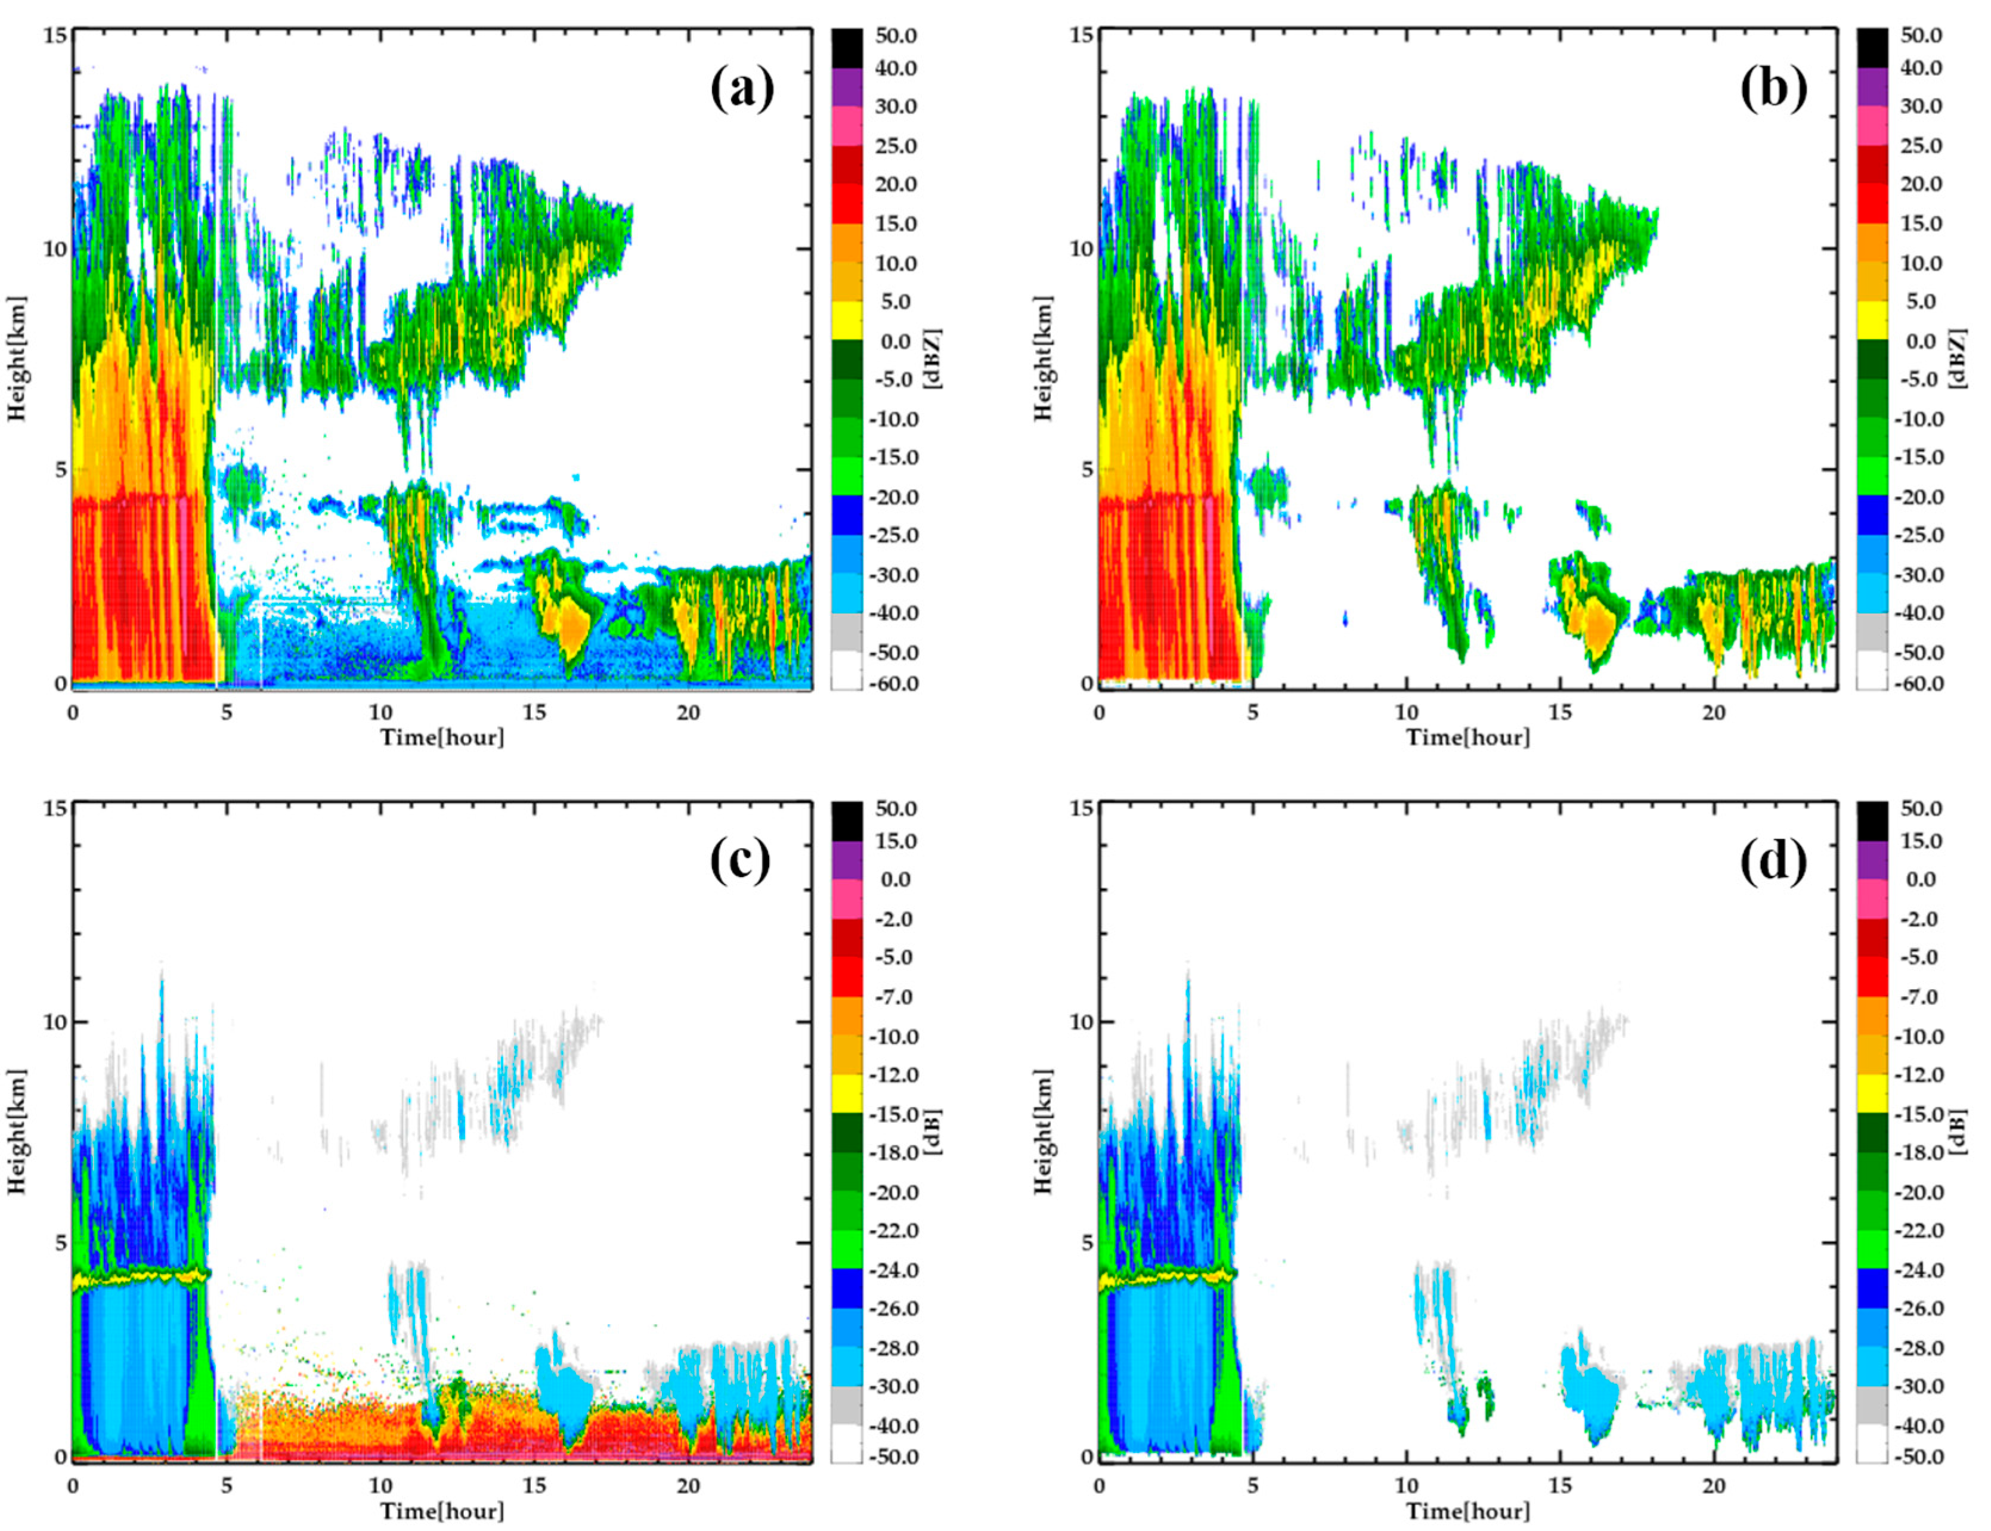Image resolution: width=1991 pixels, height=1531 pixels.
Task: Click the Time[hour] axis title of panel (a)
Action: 442,737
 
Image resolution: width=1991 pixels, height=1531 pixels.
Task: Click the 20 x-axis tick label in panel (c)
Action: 688,1486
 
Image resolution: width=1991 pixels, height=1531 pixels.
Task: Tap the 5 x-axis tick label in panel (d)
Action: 1253,1486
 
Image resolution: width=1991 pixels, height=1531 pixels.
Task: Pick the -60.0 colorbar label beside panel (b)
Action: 1921,683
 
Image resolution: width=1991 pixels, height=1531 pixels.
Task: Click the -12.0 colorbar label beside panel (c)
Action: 894,1076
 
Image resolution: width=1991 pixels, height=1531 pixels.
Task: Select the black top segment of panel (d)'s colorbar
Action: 1872,820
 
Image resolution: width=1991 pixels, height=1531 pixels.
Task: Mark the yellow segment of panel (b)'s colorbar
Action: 1872,321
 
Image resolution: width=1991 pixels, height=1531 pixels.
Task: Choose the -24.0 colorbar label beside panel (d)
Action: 1919,1270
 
